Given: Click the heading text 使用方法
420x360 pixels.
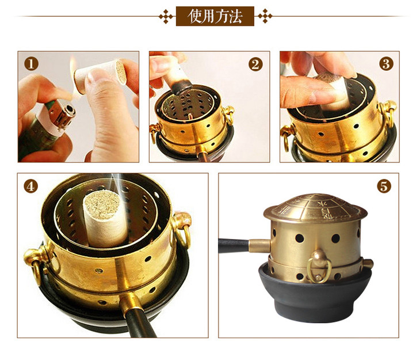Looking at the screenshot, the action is pos(215,16).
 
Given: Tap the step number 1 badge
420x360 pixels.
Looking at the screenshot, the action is pos(31,64).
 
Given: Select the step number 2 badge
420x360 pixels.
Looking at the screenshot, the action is pos(255,64).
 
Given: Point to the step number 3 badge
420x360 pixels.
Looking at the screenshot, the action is pos(386,64).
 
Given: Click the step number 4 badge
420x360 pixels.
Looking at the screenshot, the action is pos(31,186).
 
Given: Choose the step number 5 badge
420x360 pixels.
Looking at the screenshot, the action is pos(384,186).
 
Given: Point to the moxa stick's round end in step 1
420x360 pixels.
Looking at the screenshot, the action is pos(120,72).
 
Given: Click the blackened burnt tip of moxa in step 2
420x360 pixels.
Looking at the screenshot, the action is pos(182,86).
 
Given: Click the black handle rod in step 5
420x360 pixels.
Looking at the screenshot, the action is pos(234,245).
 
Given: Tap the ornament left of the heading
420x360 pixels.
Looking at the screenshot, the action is pos(166,16).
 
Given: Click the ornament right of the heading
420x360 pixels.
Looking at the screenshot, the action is pos(265,16).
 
